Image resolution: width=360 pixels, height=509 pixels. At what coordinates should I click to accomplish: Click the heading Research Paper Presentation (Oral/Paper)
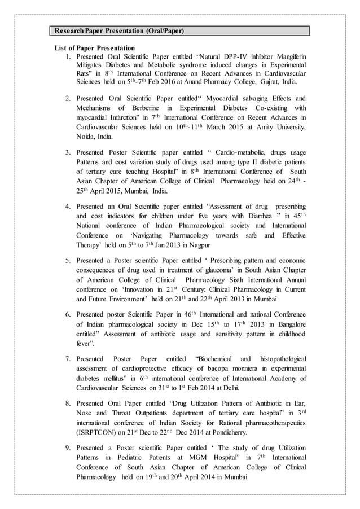pos(118,30)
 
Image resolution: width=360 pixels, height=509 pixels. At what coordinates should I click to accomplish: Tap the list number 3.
pos(67,152)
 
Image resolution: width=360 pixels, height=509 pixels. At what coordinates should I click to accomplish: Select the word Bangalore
pos(287,324)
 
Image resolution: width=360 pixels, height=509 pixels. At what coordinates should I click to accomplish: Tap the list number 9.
pos(67,447)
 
